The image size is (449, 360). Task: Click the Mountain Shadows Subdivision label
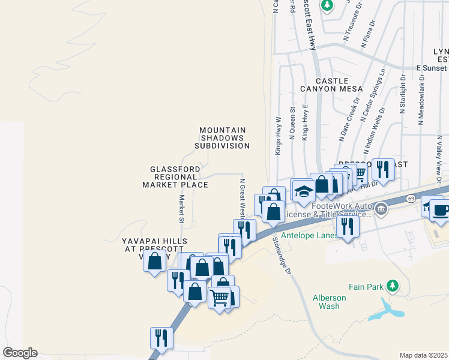tap(223, 138)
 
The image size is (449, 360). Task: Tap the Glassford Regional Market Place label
tap(175, 177)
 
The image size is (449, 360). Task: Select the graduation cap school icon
tap(303, 191)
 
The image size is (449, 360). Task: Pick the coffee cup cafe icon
tap(441, 211)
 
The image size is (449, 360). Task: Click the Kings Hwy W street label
tap(279, 136)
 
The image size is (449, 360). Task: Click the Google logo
tap(20, 353)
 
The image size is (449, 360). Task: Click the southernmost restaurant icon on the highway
tap(161, 338)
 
